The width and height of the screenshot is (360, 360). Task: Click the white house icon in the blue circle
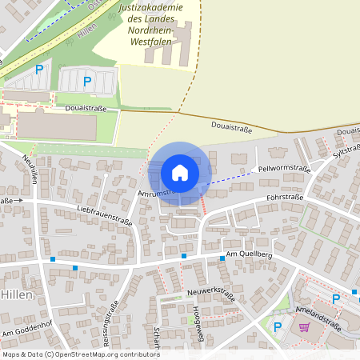[180, 172]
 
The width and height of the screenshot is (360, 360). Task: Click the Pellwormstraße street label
[284, 169]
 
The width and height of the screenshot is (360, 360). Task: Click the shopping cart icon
[304, 326]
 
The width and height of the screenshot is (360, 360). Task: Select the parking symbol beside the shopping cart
[278, 326]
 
